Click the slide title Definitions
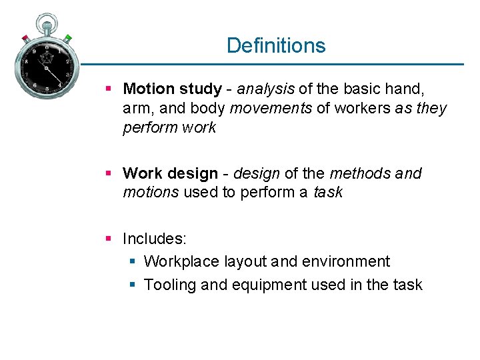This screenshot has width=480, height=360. click(x=276, y=45)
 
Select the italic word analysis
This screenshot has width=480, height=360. click(x=266, y=89)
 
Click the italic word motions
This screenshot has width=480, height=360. click(x=151, y=193)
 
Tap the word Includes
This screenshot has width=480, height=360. click(x=154, y=238)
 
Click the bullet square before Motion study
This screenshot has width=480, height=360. click(x=111, y=89)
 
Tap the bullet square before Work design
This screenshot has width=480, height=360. click(x=111, y=173)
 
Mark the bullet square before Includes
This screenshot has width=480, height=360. click(x=111, y=238)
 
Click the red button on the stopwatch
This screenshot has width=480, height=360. click(x=25, y=39)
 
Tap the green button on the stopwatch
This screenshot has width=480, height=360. click(x=68, y=38)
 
